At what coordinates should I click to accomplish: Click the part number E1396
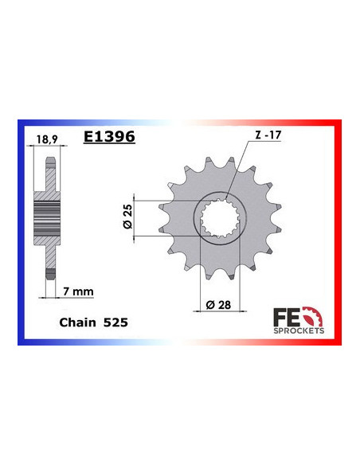[x=109, y=137]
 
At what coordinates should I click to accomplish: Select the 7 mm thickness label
[x=76, y=291]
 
